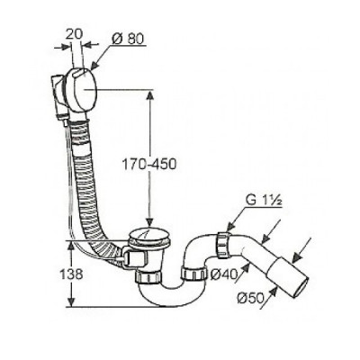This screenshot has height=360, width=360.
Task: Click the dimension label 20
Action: tap(74, 34)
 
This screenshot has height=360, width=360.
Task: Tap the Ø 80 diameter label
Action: tap(128, 39)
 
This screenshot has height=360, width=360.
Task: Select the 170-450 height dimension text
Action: tap(149, 164)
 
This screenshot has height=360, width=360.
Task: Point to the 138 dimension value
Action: tap(71, 274)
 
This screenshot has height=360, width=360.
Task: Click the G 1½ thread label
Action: tap(264, 201)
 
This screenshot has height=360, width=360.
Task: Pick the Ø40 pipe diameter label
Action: tap(223, 274)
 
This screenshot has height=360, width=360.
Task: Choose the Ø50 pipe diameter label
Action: tap(250, 298)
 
